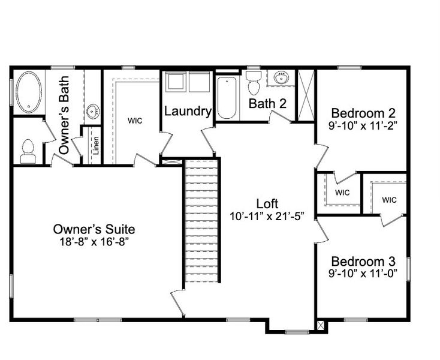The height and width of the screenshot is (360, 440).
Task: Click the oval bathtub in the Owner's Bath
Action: [x=29, y=92]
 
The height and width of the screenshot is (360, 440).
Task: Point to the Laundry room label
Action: [x=188, y=111]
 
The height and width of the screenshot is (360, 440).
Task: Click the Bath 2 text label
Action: [x=267, y=103]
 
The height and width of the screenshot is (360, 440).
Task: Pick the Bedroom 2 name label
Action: [x=363, y=113]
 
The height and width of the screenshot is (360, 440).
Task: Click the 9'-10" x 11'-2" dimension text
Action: [x=363, y=125]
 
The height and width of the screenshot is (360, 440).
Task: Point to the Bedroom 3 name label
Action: [x=363, y=262]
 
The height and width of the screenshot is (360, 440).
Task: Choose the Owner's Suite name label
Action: [x=94, y=229]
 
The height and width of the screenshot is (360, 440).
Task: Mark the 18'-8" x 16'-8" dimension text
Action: [x=94, y=241]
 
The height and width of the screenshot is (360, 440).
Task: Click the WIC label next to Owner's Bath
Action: [x=135, y=120]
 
